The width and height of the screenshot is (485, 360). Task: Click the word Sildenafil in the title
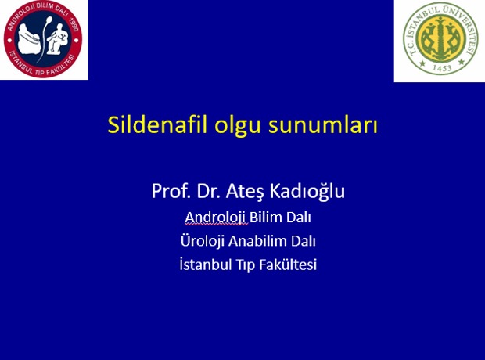click(157, 124)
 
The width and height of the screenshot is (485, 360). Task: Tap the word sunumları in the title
click(322, 124)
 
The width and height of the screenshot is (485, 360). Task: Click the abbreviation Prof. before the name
click(171, 191)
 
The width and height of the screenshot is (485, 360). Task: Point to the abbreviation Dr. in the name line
click(209, 191)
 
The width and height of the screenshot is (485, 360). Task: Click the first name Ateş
click(245, 192)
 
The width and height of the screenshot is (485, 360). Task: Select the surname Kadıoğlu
click(307, 192)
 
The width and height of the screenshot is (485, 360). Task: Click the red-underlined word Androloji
click(216, 218)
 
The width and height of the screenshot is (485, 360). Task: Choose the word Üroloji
click(203, 241)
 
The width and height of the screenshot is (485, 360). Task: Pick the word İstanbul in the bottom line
click(206, 265)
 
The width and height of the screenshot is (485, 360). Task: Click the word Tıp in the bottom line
click(246, 265)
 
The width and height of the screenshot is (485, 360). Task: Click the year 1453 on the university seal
click(442, 68)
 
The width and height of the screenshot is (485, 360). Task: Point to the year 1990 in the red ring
click(74, 25)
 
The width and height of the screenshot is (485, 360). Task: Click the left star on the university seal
click(422, 63)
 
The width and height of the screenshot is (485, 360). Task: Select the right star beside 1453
click(462, 62)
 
